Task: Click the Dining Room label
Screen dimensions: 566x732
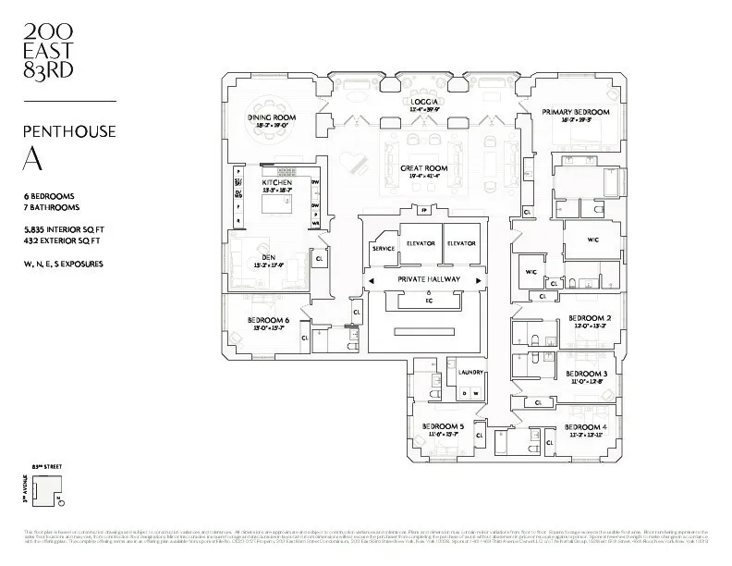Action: [x=271, y=117]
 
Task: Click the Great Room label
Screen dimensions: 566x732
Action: [x=423, y=169]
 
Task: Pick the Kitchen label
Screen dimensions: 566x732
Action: [x=277, y=183]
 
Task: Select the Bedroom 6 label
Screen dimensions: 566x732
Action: [x=268, y=321]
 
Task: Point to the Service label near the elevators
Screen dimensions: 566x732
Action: [x=384, y=248]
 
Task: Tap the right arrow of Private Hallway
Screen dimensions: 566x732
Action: [x=478, y=279]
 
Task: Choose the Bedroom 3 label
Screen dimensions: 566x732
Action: [x=586, y=374]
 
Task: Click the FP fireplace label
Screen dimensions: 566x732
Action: [x=424, y=211]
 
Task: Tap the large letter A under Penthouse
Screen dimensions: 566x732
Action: [x=30, y=158]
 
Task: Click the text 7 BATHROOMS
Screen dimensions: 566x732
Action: [x=51, y=208]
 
